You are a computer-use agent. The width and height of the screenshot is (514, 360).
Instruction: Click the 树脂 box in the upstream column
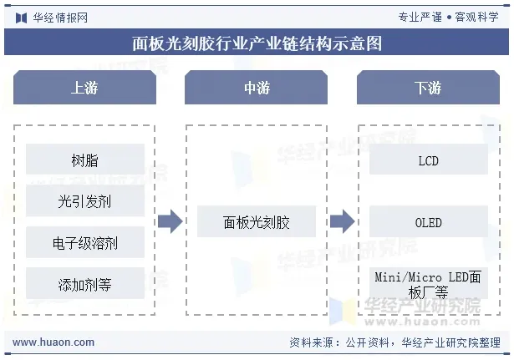(84, 160)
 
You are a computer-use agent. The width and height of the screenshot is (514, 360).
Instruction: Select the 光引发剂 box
(84, 201)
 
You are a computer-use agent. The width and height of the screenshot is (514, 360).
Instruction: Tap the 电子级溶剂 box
(84, 243)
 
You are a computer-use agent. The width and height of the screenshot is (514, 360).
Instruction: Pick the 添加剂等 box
(84, 285)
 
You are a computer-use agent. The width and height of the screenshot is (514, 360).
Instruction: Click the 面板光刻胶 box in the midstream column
(257, 222)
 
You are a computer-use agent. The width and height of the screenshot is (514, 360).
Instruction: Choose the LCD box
(428, 160)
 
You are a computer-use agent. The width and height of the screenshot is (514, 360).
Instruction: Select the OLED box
(428, 223)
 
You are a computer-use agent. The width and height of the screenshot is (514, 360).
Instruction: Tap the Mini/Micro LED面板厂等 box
(428, 284)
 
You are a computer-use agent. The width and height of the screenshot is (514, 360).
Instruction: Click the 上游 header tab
(84, 88)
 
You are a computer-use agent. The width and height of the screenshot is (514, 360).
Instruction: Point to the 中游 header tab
(257, 88)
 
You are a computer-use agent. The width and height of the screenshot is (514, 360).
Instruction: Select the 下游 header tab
(428, 88)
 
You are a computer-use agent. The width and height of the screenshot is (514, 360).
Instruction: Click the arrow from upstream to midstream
(170, 222)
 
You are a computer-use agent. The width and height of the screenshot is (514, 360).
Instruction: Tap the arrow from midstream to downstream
(342, 222)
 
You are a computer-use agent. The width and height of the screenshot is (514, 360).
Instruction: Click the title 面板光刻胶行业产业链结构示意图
(257, 43)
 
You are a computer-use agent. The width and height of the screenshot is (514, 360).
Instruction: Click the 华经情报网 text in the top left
(60, 17)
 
